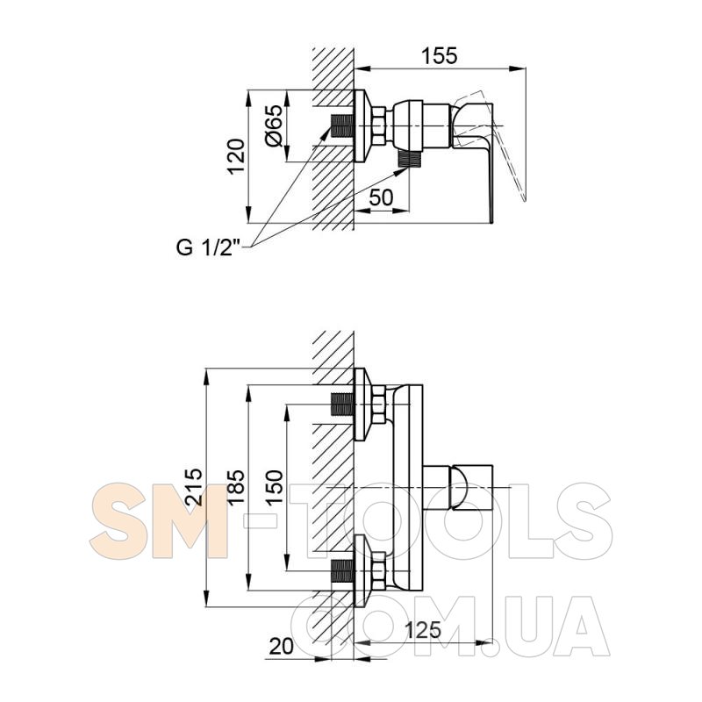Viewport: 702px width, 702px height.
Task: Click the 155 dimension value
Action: [x=440, y=56]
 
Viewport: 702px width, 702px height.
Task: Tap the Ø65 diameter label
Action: [x=274, y=125]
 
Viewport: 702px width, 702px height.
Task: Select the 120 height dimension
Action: [x=236, y=157]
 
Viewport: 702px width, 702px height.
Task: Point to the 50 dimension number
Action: [x=381, y=197]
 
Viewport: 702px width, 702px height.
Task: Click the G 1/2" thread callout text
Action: [x=209, y=247]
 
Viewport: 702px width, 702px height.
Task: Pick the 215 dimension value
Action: [x=195, y=487]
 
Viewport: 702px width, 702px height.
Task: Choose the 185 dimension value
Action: [x=236, y=487]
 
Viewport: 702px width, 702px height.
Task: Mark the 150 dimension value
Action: [x=274, y=487]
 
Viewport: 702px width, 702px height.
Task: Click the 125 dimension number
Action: [x=423, y=630]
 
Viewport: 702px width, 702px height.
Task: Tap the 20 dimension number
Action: [x=281, y=647]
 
